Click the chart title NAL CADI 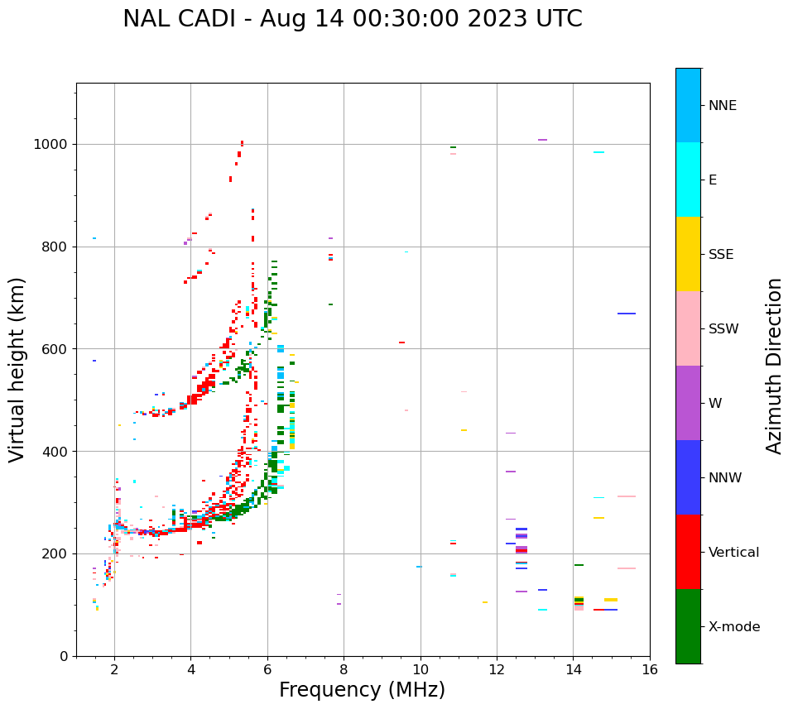coord(352,19)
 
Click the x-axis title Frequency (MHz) coord(362,690)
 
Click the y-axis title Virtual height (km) coord(17,369)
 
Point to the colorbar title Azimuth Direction coord(774,366)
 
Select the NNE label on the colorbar coord(722,106)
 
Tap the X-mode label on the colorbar coord(733,627)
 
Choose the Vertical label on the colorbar coord(733,553)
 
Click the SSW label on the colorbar coord(723,329)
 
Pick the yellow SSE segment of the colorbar coord(688,253)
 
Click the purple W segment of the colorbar coord(688,403)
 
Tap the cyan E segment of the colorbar coord(688,179)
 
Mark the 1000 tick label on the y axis coord(51,145)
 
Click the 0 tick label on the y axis coord(63,656)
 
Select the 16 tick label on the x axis coord(649,669)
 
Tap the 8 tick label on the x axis coord(344,669)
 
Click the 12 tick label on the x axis coord(497,669)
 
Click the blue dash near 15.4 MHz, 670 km coord(627,314)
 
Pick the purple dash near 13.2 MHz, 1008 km coord(542,140)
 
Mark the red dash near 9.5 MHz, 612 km coord(401,343)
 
